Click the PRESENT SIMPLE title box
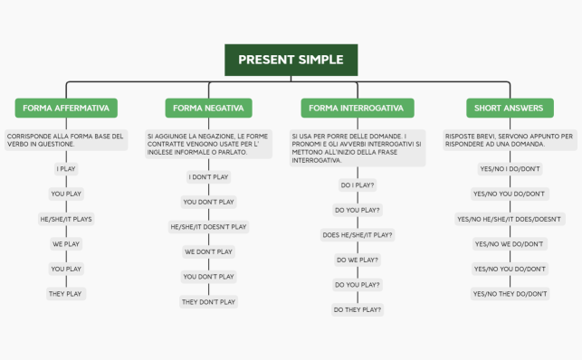click(x=291, y=60)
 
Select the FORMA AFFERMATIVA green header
click(x=66, y=109)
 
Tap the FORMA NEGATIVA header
click(x=208, y=109)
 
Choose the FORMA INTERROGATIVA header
click(x=356, y=109)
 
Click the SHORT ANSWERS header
click(x=509, y=109)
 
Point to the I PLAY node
click(x=66, y=169)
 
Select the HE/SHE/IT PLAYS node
click(x=66, y=219)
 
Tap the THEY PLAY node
click(x=66, y=294)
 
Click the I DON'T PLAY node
click(x=208, y=177)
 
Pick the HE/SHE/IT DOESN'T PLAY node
click(x=208, y=227)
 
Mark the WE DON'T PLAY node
click(x=208, y=251)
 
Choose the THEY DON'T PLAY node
click(x=208, y=302)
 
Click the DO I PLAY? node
click(x=358, y=185)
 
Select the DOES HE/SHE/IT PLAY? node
click(x=358, y=234)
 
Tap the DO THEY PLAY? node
click(x=358, y=309)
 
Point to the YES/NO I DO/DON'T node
click(x=510, y=169)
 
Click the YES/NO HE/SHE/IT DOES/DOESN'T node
click(x=510, y=219)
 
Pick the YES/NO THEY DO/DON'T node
click(x=510, y=294)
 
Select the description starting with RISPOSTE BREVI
click(x=510, y=139)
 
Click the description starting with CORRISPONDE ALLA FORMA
click(x=66, y=139)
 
